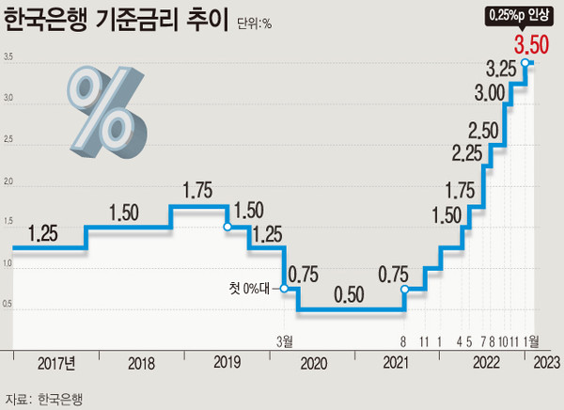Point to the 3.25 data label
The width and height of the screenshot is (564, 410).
click(504, 69)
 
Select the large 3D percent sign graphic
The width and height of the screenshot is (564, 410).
click(106, 106)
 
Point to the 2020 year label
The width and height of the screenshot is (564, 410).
click(312, 364)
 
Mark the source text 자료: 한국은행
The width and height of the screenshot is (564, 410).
click(44, 398)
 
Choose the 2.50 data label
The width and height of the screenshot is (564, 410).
click(483, 129)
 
